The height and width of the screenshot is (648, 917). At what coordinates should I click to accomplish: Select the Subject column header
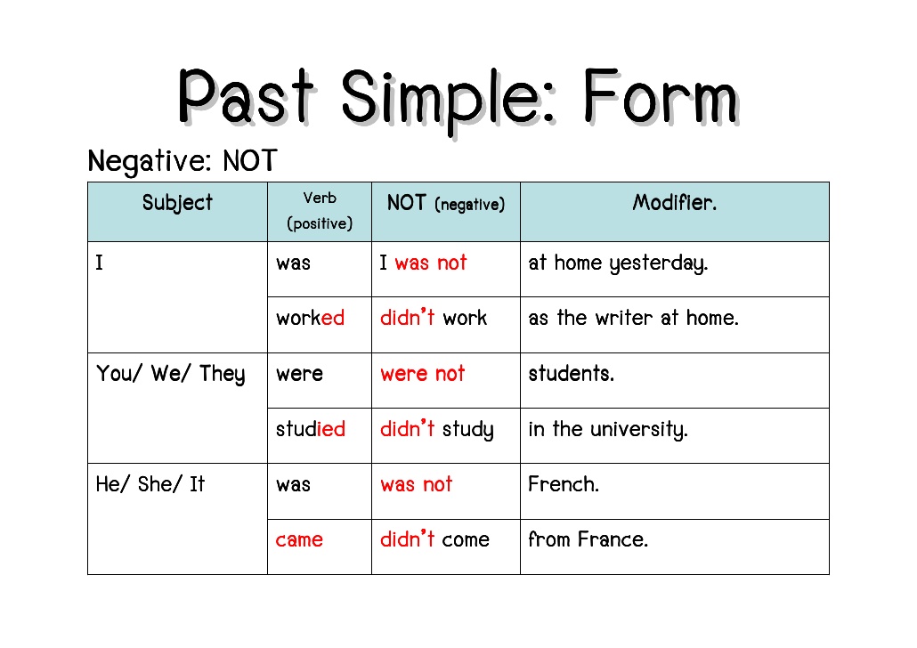177,203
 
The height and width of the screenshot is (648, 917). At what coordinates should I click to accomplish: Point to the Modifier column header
674,203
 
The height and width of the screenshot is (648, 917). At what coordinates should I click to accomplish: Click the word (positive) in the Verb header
320,223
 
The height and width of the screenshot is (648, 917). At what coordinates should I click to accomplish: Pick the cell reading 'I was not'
423,263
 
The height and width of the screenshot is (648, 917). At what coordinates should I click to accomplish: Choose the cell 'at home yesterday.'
618,263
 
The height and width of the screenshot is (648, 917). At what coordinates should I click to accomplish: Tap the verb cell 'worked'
310,319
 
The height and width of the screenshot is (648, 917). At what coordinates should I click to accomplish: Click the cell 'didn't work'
434,319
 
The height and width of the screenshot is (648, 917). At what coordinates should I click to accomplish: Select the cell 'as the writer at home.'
633,319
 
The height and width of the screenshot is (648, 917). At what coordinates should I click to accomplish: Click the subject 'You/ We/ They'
170,374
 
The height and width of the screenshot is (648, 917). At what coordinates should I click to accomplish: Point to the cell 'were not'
422,374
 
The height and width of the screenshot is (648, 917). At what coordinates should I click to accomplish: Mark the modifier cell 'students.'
571,374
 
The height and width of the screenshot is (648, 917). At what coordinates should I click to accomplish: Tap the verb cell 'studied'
310,430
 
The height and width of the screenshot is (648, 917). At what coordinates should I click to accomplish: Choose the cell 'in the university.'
608,430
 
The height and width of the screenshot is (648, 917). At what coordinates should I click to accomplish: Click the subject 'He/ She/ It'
150,485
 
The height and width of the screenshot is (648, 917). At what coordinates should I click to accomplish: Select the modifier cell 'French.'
564,485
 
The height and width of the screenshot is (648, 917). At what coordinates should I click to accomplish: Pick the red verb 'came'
299,540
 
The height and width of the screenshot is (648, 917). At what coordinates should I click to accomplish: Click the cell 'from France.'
588,540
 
